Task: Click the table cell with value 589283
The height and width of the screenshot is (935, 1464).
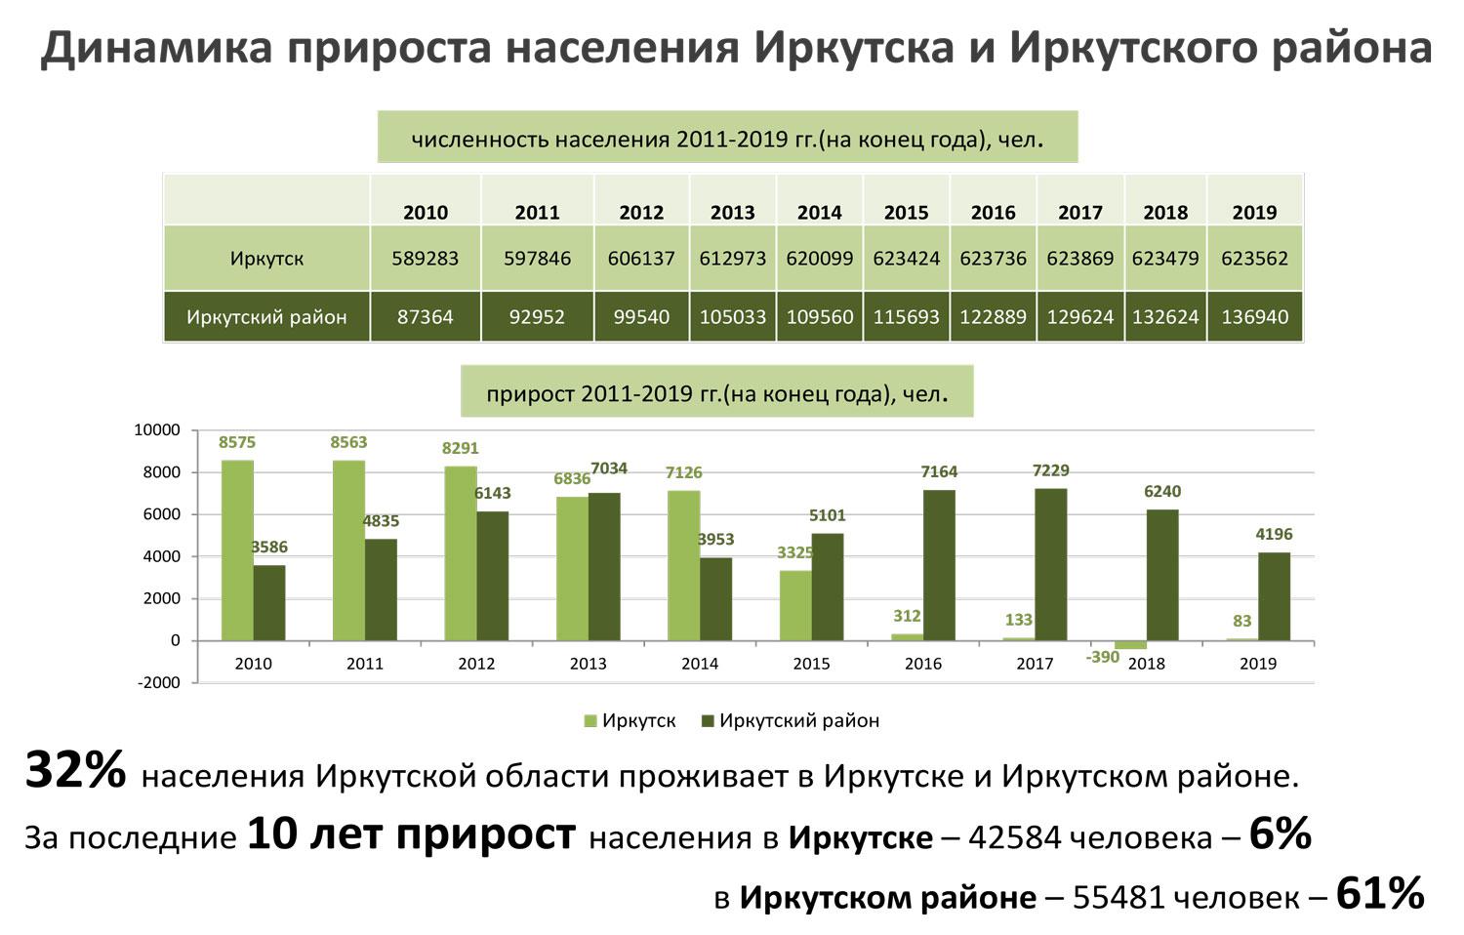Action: pos(425,259)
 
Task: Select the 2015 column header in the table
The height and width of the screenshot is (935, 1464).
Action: pos(906,213)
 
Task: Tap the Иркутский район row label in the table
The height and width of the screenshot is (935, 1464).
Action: pos(266,317)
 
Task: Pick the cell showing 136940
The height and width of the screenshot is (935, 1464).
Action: pos(1254,317)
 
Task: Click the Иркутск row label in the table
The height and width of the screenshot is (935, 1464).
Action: pos(266,259)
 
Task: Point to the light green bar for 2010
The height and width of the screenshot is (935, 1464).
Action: pos(237,550)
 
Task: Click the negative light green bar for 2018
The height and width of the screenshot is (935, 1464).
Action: pos(1130,645)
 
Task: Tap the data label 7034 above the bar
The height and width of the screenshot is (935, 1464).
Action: pos(609,469)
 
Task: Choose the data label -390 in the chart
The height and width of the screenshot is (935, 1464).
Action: pos(1103,658)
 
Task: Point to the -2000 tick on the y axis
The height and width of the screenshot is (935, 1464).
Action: pos(160,683)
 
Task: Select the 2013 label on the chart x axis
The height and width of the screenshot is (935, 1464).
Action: pos(588,664)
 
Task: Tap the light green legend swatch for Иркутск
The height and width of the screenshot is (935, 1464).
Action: pos(590,721)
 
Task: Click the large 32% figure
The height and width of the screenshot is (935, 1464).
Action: pos(75,771)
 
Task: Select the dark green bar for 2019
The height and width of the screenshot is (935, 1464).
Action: pos(1274,596)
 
